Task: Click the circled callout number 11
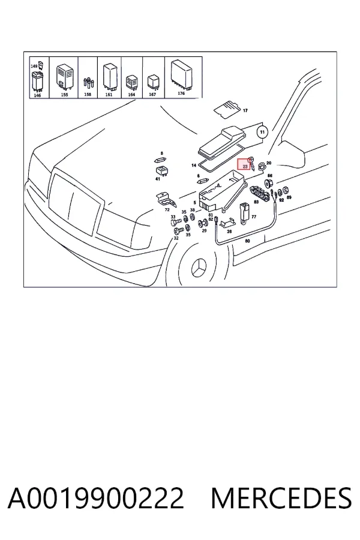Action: click(x=263, y=132)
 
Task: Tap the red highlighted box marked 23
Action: click(x=245, y=165)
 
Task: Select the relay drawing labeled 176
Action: click(x=182, y=74)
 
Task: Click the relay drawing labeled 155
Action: click(x=65, y=76)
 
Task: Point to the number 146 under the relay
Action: click(x=37, y=95)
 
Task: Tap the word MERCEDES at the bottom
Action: click(x=281, y=499)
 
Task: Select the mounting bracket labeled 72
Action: click(x=166, y=200)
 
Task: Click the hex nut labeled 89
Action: click(x=286, y=190)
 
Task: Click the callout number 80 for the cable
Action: click(x=247, y=241)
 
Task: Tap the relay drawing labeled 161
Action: click(x=109, y=76)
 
